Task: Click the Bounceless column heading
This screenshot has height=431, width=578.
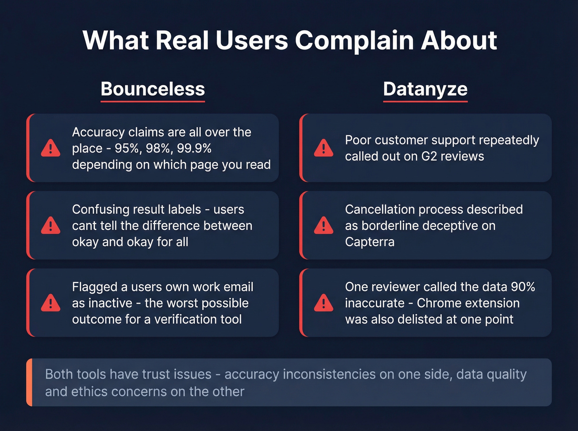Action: pyautogui.click(x=153, y=89)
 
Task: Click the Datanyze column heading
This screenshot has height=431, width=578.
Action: pyautogui.click(x=425, y=89)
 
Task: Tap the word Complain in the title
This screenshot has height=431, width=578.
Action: pyautogui.click(x=354, y=40)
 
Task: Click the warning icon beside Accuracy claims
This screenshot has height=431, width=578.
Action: pyautogui.click(x=51, y=148)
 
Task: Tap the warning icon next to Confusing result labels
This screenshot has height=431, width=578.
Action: pyautogui.click(x=51, y=226)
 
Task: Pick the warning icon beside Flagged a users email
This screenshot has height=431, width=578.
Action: pyautogui.click(x=51, y=303)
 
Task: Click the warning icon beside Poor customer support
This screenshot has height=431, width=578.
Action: pyautogui.click(x=324, y=148)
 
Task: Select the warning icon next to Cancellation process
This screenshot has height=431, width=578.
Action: pyautogui.click(x=324, y=226)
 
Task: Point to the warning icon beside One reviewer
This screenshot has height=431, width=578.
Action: pyautogui.click(x=324, y=303)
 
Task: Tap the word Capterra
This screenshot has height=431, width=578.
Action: pyautogui.click(x=370, y=242)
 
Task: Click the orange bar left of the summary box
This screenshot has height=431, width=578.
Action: pyautogui.click(x=29, y=382)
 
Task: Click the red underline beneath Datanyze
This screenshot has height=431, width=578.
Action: pyautogui.click(x=425, y=101)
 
